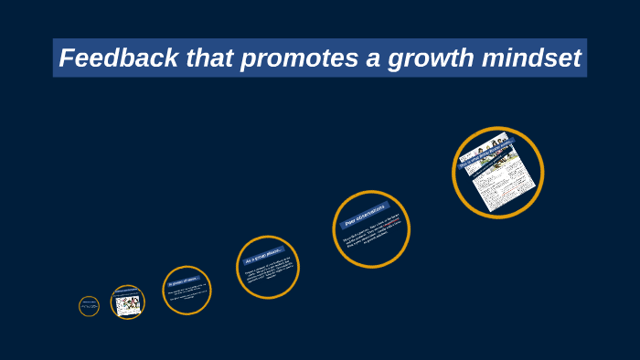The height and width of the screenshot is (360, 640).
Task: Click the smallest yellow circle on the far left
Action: [x=89, y=306]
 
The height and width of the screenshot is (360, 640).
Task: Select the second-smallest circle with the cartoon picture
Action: [x=128, y=302]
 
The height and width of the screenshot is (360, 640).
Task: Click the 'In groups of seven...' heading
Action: [x=184, y=281]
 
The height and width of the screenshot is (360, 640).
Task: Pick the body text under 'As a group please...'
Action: [x=269, y=274]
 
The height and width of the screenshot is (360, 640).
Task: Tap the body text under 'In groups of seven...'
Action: [x=187, y=296]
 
